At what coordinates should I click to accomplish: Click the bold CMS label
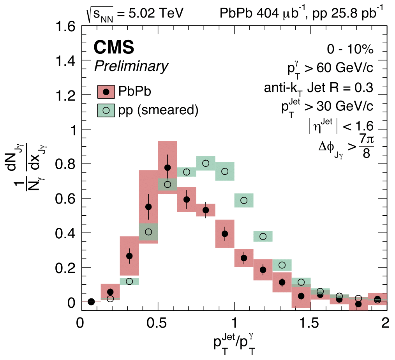[114, 48]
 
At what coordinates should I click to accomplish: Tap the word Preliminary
[131, 66]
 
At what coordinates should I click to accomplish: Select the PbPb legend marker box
[106, 92]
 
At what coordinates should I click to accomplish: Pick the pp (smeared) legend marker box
[106, 110]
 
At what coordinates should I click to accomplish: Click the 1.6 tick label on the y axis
[65, 27]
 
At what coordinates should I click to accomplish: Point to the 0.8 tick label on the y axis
[65, 164]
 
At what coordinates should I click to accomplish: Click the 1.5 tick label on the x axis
[310, 324]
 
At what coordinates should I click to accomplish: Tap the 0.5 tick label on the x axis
[157, 324]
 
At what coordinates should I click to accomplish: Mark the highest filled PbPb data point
[168, 168]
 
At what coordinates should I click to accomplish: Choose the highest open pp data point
[206, 163]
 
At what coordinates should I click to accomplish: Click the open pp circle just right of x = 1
[244, 200]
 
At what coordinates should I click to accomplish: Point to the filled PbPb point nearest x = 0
[91, 301]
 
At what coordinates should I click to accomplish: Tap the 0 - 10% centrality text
[350, 50]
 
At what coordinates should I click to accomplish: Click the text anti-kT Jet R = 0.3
[318, 88]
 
